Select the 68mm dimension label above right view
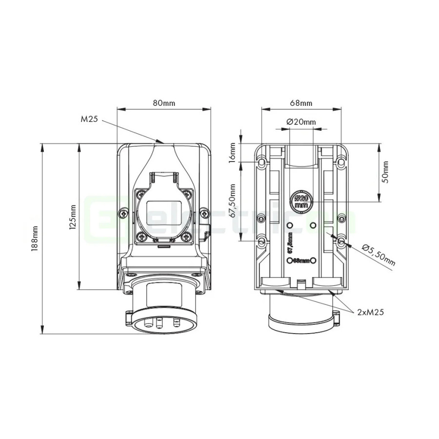[301, 103]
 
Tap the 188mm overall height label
[35, 238]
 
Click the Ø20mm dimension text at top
[301, 121]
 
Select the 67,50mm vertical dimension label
[233, 200]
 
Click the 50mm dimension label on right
[386, 172]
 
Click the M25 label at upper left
[90, 119]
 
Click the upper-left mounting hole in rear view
[262, 160]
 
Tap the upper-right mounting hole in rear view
[340, 160]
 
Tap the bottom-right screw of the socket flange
[185, 237]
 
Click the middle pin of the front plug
[160, 322]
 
